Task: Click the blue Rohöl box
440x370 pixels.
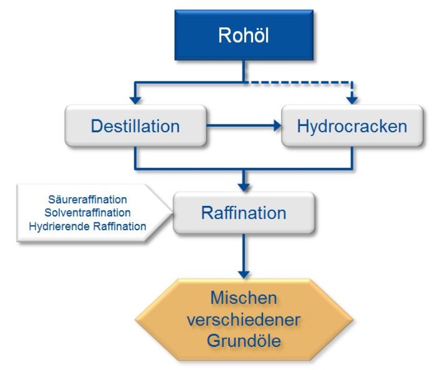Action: click(244, 35)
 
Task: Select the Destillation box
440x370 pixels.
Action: click(135, 126)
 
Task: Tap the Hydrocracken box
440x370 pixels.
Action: click(352, 126)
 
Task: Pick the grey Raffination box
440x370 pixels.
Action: click(244, 213)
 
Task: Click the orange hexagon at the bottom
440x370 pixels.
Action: click(244, 319)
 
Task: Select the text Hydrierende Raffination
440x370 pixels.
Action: click(87, 226)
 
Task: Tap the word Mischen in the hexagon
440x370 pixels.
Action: click(244, 298)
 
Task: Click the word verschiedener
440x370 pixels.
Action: click(244, 319)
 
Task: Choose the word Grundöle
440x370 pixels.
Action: click(244, 340)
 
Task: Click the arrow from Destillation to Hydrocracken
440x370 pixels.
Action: click(242, 126)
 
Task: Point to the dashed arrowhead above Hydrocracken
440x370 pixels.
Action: click(352, 100)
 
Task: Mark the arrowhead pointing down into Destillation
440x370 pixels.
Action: click(135, 100)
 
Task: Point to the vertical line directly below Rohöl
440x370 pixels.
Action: click(244, 72)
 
